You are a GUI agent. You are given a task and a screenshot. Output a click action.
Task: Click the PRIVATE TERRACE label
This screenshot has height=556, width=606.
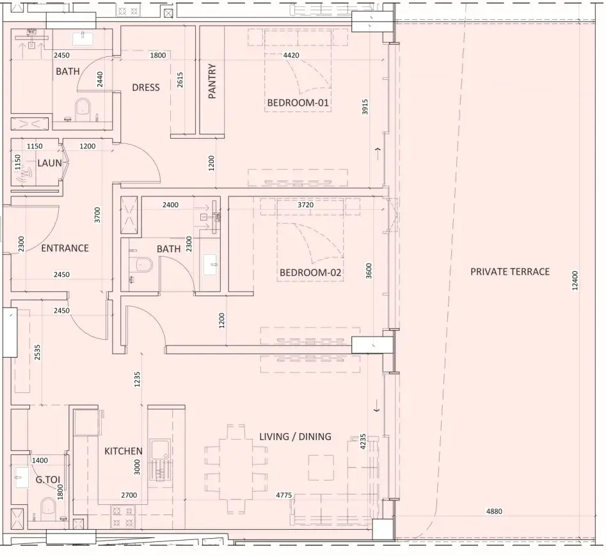coord(510,272)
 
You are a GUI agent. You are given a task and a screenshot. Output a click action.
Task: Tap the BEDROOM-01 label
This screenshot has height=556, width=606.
coord(298,103)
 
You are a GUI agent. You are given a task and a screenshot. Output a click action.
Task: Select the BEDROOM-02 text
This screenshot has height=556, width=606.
coord(310,273)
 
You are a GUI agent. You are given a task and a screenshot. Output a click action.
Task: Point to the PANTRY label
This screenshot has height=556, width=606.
coord(212,81)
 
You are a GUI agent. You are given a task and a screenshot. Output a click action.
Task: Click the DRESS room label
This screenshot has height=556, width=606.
coord(146,87)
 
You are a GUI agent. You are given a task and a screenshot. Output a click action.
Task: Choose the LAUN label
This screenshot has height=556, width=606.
coord(49,163)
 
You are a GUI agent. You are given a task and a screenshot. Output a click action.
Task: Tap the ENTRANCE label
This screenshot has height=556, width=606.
coord(65,248)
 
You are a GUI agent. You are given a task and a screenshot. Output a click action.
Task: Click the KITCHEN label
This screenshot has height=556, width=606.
coord(124,451)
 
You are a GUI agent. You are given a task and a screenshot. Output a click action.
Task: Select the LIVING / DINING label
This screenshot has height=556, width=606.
coord(295,436)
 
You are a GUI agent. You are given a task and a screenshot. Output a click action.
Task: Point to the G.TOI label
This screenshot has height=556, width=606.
coord(48,480)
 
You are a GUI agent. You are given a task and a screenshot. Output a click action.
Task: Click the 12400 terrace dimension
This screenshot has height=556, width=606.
coord(575,280)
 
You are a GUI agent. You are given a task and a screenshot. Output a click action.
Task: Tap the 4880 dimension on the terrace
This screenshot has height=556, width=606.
coord(494,512)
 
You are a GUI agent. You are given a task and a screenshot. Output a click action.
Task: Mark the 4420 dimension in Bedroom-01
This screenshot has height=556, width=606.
coord(291,55)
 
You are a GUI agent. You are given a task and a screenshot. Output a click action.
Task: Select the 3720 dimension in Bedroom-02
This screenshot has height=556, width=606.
coord(305,205)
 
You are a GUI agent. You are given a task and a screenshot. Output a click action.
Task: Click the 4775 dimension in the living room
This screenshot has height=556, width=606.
coord(283,495)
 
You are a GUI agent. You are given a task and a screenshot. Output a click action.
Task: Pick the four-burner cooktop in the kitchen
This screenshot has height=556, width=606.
coord(124,517)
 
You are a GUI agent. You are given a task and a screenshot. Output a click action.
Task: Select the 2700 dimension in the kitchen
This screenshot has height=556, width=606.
coord(129,495)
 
